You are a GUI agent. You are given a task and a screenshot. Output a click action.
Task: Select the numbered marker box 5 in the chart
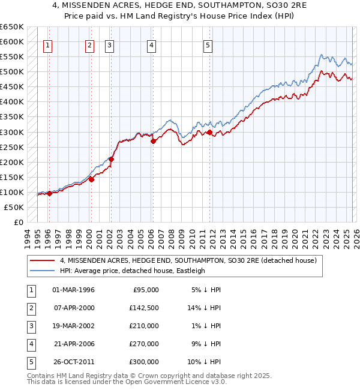pos(208,45)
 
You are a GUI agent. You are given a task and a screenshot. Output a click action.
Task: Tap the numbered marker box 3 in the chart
pos(110,45)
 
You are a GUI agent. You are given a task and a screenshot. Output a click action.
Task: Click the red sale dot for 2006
pos(153,142)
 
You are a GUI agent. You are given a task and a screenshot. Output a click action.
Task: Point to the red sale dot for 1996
pos(49,193)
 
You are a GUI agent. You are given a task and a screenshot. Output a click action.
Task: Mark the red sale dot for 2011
pos(209,132)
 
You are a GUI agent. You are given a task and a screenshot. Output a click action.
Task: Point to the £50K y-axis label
pos(13,208)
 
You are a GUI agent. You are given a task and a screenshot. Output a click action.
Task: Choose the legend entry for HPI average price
pos(132,271)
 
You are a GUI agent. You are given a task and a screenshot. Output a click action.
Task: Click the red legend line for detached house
pos(43,260)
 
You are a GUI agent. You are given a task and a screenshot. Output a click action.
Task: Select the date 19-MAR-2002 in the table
pos(73,326)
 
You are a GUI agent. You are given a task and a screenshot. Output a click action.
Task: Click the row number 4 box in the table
pos(30,344)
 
